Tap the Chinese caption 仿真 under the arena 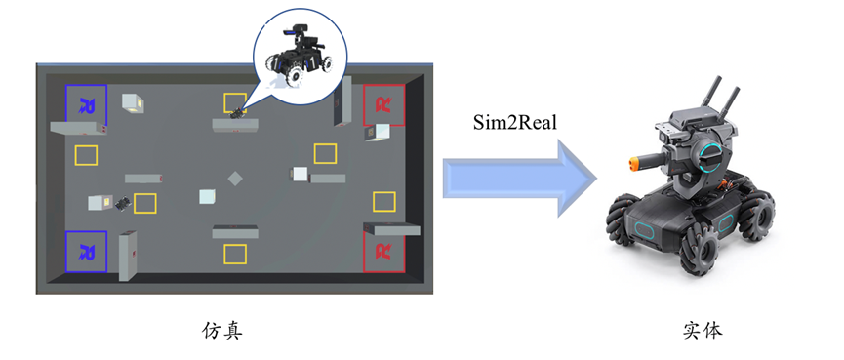tap(221, 330)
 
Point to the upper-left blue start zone tap(86, 103)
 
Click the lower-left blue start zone tap(86, 251)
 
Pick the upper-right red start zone tap(384, 103)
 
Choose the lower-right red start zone tap(384, 251)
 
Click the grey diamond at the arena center tap(235, 179)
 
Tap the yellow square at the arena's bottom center tap(235, 254)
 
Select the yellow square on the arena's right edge tap(384, 201)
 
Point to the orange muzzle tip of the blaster tap(645, 153)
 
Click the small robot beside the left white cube tap(122, 203)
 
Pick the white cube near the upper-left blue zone tap(130, 101)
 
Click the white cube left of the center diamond tap(207, 196)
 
